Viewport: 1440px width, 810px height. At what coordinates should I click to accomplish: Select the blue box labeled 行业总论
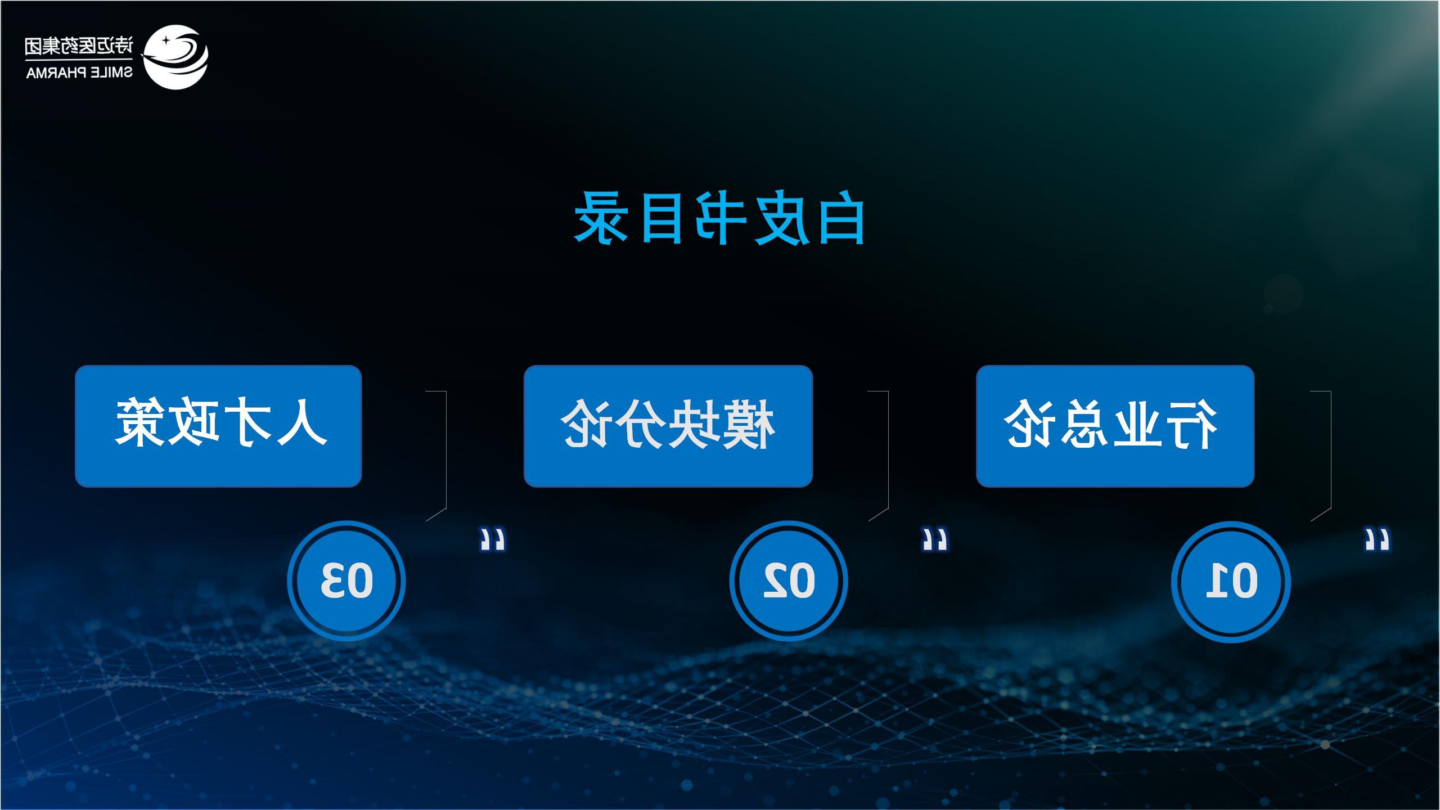point(1115,426)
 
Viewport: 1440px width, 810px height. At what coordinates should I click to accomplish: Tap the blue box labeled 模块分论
point(668,426)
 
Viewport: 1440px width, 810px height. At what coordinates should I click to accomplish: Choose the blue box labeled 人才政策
point(218,426)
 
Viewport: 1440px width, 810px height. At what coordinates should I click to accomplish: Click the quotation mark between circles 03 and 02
point(493,539)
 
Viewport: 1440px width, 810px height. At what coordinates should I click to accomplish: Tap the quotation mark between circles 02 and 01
point(935,539)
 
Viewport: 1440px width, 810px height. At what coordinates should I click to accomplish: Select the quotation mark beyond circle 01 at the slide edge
point(1377,539)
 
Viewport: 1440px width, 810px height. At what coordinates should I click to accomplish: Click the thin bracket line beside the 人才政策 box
point(446,450)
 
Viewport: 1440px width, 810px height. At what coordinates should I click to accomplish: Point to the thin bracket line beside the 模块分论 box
point(888,450)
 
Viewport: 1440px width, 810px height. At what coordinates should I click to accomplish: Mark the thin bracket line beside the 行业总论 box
point(1331,450)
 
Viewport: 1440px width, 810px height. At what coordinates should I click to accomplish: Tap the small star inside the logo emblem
point(166,41)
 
